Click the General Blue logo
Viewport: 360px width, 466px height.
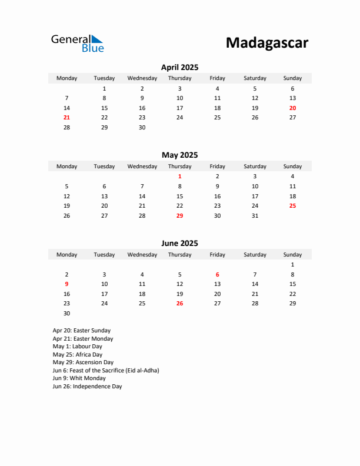pos(77,43)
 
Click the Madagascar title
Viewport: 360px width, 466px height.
pos(266,43)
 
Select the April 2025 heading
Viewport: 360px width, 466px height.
pos(179,67)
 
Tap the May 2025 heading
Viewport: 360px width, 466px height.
pos(179,155)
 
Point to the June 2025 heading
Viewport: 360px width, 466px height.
pos(179,243)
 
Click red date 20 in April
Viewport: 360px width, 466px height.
pos(292,108)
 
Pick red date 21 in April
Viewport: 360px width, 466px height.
pos(66,118)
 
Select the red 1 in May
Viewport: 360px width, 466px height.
pos(179,176)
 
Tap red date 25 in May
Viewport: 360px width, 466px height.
pos(292,205)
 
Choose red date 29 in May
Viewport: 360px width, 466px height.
pos(179,215)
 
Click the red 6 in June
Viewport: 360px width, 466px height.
pos(217,274)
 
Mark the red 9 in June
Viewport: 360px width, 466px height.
pos(66,284)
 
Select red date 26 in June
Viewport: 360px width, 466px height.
pos(179,304)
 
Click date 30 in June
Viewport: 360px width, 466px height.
pos(66,314)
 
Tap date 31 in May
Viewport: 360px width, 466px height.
pos(255,215)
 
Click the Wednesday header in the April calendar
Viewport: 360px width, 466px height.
pos(142,78)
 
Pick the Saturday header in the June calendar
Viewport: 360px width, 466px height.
pos(255,255)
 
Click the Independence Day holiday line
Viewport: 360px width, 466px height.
pos(87,387)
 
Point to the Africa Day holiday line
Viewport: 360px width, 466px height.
pos(77,355)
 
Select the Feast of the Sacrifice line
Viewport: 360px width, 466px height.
pos(106,371)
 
